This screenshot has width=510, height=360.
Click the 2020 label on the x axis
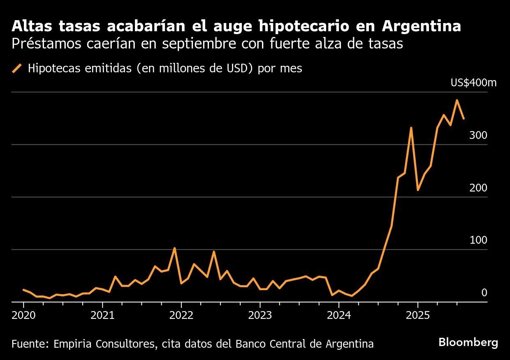(23, 315)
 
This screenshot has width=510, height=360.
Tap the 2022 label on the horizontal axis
(181, 315)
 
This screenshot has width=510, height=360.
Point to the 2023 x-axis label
(260, 315)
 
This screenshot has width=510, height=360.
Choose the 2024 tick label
(338, 315)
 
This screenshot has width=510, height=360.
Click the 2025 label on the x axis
(417, 315)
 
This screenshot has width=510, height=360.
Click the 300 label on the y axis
(478, 135)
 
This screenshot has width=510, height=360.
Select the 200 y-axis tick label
(478, 188)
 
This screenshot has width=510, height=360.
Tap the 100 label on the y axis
(478, 240)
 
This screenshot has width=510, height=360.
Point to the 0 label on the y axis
(484, 293)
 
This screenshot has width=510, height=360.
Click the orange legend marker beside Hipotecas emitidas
(17, 68)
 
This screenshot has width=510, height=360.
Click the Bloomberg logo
(468, 342)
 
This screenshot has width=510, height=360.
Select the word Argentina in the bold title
(421, 26)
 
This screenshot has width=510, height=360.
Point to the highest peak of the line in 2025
(457, 100)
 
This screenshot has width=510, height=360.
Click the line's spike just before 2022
(174, 248)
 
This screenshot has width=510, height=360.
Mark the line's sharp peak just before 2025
(411, 128)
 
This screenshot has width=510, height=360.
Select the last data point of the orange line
(464, 119)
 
